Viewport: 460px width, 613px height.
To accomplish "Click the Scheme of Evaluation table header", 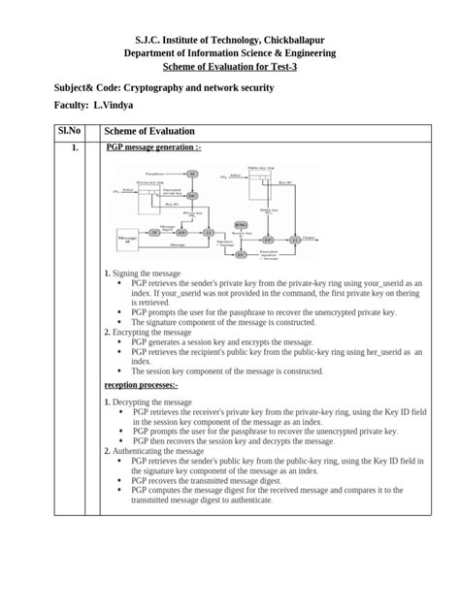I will [x=149, y=130].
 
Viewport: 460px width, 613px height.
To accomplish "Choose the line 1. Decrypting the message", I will [x=150, y=402].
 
